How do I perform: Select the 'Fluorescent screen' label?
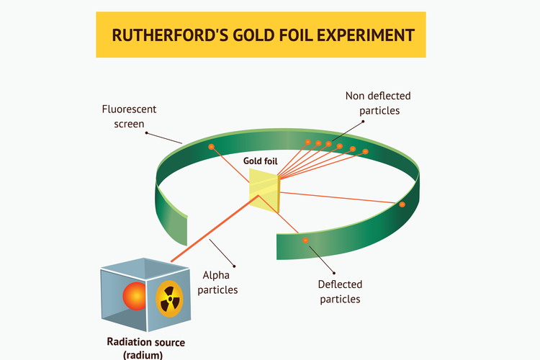(129, 117)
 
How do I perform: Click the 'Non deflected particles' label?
(373, 103)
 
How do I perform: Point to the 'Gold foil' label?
(261, 161)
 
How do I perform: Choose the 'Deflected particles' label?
(340, 292)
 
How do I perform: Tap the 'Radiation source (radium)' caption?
(145, 348)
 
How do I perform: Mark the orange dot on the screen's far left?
(212, 147)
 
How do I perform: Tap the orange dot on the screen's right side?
(402, 204)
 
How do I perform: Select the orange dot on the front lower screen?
(305, 240)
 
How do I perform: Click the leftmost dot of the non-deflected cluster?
(307, 142)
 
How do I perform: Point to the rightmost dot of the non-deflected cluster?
(366, 151)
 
